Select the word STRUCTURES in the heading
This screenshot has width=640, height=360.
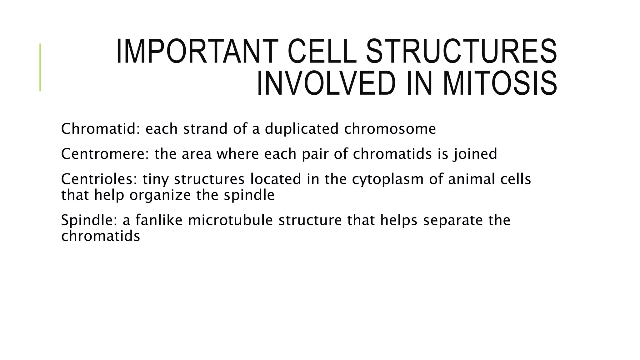tap(461, 52)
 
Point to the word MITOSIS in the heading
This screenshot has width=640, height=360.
tap(500, 83)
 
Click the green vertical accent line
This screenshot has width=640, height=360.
tap(40, 67)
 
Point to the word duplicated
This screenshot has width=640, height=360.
tap(302, 129)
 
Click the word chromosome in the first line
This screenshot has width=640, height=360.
tap(390, 129)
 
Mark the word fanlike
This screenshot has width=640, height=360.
tap(159, 220)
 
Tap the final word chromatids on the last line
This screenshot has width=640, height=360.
tap(100, 236)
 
